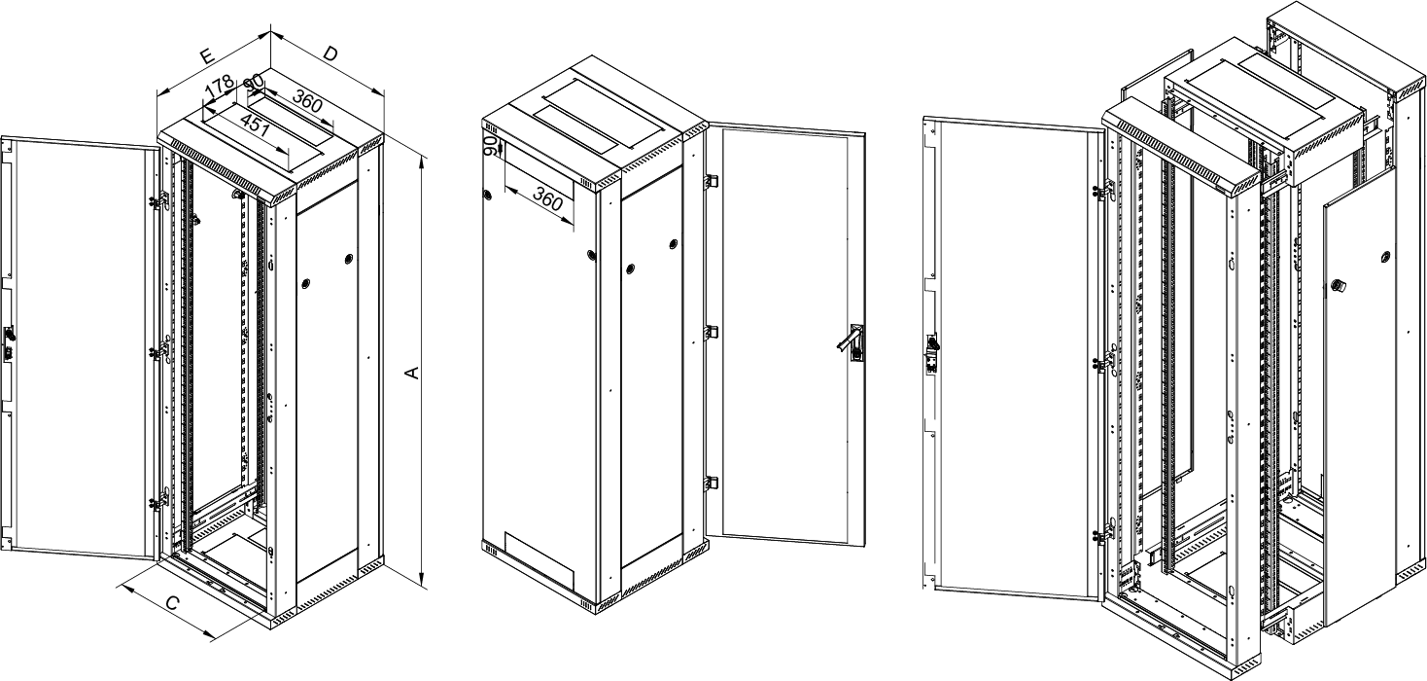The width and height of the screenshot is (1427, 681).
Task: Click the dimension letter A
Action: (413, 372)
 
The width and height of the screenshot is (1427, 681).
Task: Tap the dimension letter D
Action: (330, 54)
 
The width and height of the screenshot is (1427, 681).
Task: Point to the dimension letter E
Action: (206, 56)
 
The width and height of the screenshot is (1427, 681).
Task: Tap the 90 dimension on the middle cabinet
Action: (491, 146)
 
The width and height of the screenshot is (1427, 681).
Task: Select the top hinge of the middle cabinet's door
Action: (711, 182)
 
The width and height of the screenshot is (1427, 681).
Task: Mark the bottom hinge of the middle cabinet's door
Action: (711, 483)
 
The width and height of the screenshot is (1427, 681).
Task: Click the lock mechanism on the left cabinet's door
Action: (9, 343)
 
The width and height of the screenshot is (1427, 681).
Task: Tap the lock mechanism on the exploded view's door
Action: (931, 354)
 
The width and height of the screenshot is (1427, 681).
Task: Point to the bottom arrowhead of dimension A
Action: (422, 582)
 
